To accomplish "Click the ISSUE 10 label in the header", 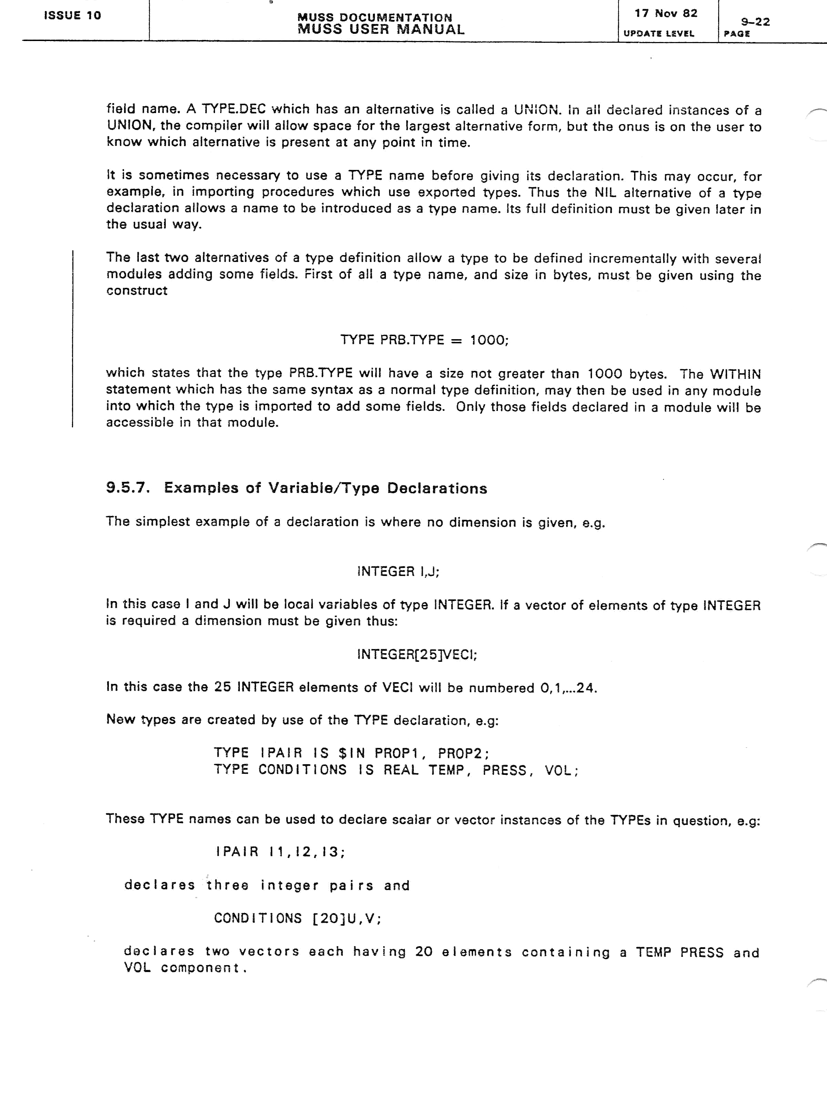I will pos(72,16).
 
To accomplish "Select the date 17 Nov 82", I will pos(665,13).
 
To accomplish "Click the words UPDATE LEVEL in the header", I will pos(658,33).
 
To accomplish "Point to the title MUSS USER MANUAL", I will pos(381,29).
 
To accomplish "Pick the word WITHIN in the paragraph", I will pos(735,374).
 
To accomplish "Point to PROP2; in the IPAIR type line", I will pos(463,753).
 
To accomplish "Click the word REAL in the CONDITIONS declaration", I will pos(401,770).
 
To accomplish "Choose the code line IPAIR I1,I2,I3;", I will pos(280,852).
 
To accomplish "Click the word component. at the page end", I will pos(204,968).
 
